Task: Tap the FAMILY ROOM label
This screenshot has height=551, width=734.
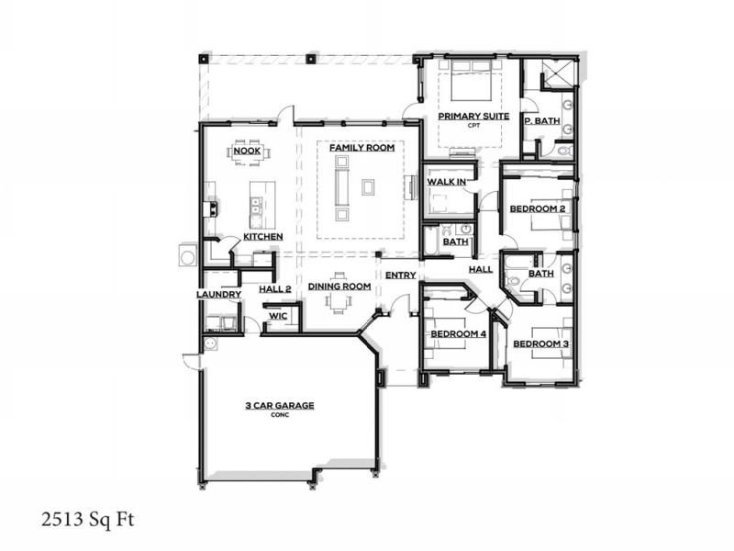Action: click(x=361, y=148)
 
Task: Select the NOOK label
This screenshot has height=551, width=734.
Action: click(x=248, y=152)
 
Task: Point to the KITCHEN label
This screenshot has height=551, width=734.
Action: click(x=262, y=237)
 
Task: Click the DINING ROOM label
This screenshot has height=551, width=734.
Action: click(x=339, y=287)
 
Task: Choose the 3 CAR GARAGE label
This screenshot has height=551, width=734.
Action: click(x=280, y=404)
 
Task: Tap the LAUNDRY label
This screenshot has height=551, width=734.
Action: click(x=218, y=295)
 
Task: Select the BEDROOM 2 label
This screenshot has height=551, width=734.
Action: click(x=538, y=209)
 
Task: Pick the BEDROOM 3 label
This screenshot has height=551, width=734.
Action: click(x=540, y=344)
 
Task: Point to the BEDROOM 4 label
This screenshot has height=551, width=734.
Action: click(x=457, y=333)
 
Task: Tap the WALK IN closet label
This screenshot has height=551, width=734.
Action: click(x=447, y=183)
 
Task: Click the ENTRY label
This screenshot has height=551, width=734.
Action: click(x=401, y=275)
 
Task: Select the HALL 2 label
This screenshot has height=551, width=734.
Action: click(x=274, y=288)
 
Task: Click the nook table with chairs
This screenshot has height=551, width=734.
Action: click(x=248, y=158)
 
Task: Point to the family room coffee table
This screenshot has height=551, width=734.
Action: click(x=368, y=186)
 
